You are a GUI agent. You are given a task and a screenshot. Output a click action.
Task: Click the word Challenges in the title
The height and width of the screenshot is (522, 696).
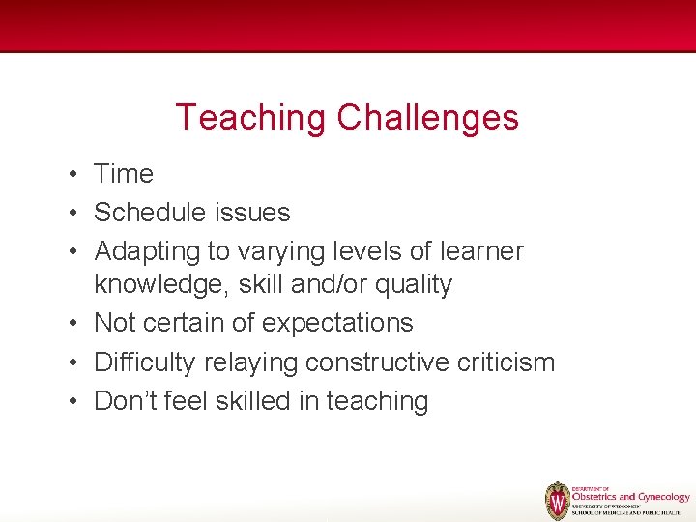427,118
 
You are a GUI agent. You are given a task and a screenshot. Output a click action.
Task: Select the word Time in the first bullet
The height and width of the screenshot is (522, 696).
124,174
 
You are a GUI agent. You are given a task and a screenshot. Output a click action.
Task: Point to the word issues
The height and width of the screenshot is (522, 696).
256,213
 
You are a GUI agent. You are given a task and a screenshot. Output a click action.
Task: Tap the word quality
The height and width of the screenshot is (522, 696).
417,285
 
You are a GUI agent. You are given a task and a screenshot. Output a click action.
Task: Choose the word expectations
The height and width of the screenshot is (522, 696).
338,324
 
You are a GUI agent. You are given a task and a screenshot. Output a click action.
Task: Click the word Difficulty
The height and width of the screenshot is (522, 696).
144,362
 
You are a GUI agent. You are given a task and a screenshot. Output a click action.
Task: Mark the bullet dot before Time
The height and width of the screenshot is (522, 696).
73,175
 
